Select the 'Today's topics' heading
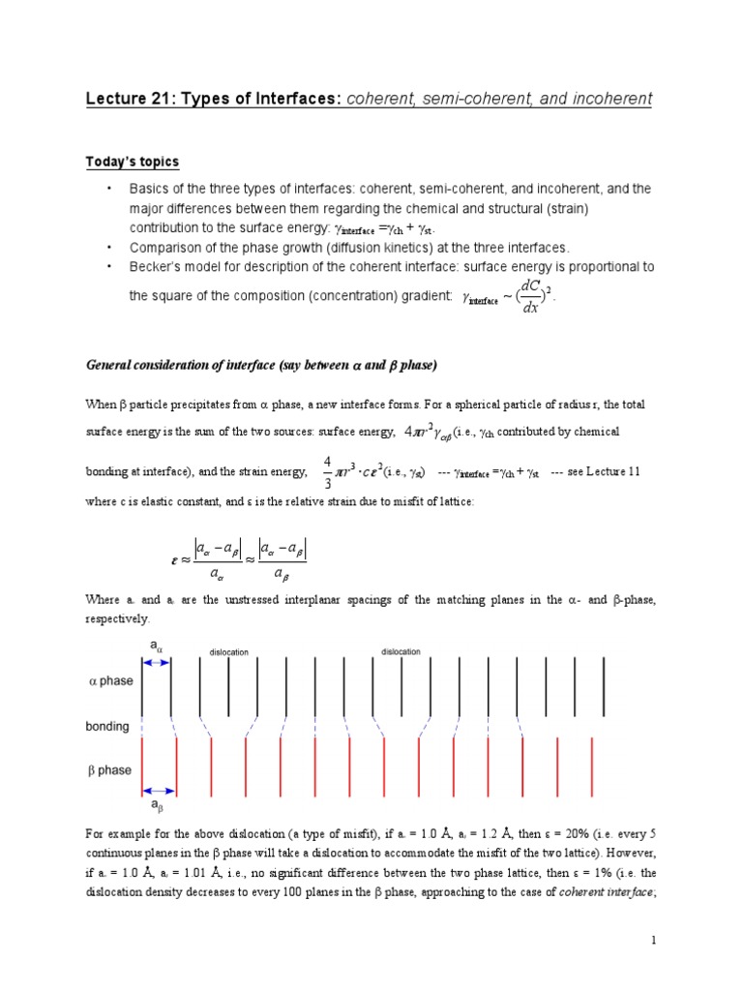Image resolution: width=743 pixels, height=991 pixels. click(x=133, y=162)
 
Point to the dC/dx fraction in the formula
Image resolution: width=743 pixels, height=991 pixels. click(x=530, y=297)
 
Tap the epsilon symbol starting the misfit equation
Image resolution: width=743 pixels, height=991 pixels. click(x=173, y=559)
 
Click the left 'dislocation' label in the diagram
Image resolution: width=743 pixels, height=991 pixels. click(x=229, y=652)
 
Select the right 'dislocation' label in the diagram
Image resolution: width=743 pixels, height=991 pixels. click(x=401, y=651)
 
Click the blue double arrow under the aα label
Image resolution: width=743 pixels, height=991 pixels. click(x=157, y=662)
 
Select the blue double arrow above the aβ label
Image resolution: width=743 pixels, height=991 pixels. click(x=159, y=789)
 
